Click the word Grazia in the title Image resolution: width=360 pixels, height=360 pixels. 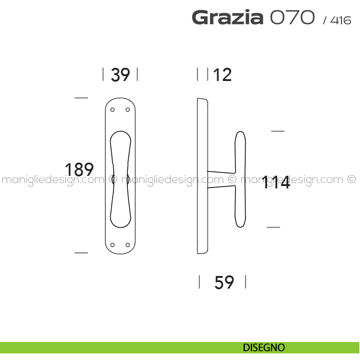pos(227,17)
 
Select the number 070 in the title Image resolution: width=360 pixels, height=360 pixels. pos(292,17)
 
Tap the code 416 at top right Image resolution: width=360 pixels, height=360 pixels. pos(341,20)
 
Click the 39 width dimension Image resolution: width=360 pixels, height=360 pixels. pos(121,74)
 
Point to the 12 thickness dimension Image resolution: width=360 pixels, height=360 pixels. pos(222,74)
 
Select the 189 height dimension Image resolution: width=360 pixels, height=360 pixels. pos(79,169)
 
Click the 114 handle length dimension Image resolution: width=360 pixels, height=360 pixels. pos(276,182)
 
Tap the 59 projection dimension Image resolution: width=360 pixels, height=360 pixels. pos(224,282)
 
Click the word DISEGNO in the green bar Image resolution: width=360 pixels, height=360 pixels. pos(264,347)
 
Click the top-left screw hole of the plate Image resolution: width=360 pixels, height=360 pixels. pos(113,110)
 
